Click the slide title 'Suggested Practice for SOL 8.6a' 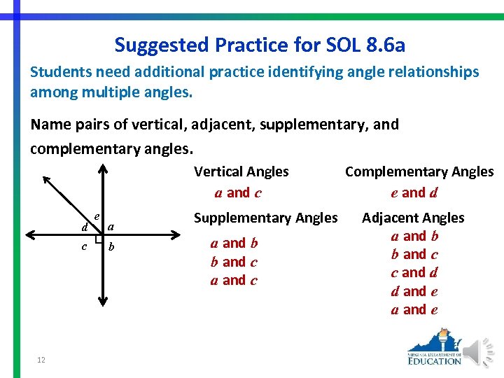click(x=260, y=45)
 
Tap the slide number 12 click(x=41, y=359)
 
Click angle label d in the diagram click(x=85, y=227)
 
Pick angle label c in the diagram click(x=84, y=246)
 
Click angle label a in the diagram click(x=111, y=226)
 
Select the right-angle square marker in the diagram click(x=99, y=239)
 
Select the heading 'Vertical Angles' click(x=241, y=171)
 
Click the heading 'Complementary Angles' click(x=419, y=171)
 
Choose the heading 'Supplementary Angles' click(x=265, y=218)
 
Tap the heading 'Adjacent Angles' click(x=413, y=218)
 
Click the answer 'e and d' click(x=414, y=192)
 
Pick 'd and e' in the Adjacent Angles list click(x=414, y=291)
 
